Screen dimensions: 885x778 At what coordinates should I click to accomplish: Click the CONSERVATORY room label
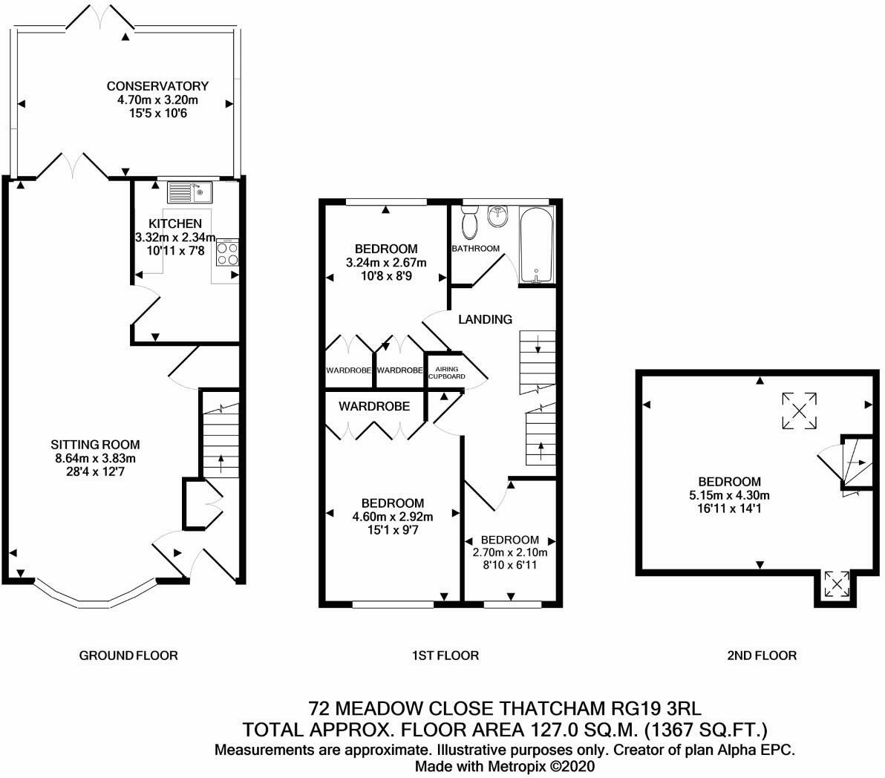pos(157,86)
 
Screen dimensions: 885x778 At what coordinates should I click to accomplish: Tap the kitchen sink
pos(189,192)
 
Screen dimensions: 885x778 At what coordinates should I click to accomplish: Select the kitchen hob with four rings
pos(227,252)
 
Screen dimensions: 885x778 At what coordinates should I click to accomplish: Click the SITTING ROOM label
pos(95,445)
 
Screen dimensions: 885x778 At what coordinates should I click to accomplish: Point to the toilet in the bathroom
pos(469,222)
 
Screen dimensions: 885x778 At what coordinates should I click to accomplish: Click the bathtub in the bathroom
pos(537,245)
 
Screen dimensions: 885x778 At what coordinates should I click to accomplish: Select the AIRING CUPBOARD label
pos(447,373)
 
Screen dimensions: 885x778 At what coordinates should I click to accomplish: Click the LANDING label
pos(486,319)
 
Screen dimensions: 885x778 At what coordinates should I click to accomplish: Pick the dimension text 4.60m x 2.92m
pos(393,517)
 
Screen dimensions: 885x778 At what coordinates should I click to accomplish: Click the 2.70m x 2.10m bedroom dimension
pos(510,552)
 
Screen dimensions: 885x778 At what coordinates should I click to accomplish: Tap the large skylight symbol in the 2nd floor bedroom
pos(799,411)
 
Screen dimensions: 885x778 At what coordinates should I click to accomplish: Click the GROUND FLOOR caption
pos(128,656)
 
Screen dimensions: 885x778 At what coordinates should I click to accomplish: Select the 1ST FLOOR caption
pos(445,656)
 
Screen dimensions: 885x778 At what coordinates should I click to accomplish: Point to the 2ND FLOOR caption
pos(762,656)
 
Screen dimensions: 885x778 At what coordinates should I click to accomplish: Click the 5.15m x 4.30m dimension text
pos(729,495)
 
